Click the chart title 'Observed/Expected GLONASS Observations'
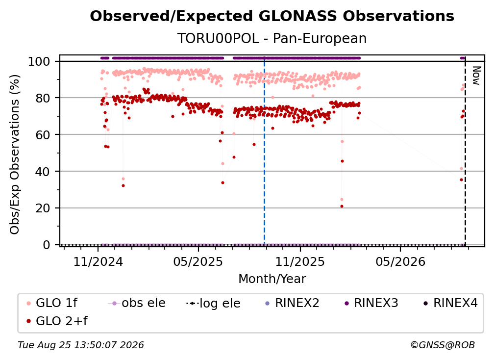[x=272, y=16]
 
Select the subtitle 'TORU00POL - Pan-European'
[x=272, y=38]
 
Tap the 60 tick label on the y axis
[x=43, y=134]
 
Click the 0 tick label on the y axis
[x=47, y=245]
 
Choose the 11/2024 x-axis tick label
[x=98, y=261]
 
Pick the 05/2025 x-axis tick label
[x=198, y=261]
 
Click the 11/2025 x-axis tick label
[x=300, y=261]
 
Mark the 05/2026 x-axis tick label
[x=400, y=261]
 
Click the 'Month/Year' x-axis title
[x=272, y=279]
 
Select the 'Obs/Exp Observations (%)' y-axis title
[x=15, y=154]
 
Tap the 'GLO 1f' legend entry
[x=52, y=303]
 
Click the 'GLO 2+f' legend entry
[x=57, y=321]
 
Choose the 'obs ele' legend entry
[x=136, y=303]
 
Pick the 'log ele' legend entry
[x=213, y=303]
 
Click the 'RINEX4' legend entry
[x=450, y=303]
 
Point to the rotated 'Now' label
[x=476, y=76]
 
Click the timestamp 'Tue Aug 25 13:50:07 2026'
[x=81, y=345]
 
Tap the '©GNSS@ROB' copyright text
[x=443, y=345]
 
